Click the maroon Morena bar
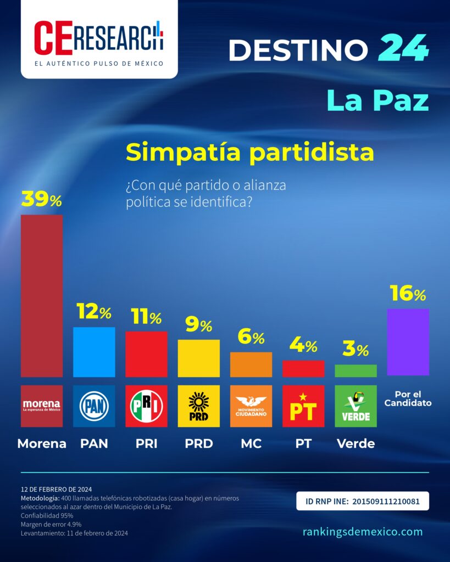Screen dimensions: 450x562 point(42,296)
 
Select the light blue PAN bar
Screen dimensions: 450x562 point(94,352)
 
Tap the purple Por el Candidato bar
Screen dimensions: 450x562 point(408,342)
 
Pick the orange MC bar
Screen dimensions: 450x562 point(251,364)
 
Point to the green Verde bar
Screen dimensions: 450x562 point(355,370)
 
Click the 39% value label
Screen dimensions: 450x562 point(42,199)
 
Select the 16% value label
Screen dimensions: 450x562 point(408,293)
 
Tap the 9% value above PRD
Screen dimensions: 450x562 point(199,324)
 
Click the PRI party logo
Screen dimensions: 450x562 point(146,406)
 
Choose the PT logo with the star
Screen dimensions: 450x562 point(303,406)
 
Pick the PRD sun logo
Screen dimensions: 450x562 point(199,406)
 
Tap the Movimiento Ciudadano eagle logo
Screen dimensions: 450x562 point(251,406)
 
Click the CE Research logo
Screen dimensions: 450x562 point(99,39)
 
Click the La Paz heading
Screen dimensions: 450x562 point(378,101)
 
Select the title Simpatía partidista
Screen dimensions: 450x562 point(250,153)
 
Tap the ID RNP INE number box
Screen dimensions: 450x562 point(363,501)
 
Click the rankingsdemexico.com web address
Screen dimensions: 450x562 point(363,531)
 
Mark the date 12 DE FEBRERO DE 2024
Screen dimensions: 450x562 point(57,489)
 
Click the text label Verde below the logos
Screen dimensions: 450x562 point(355,443)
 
